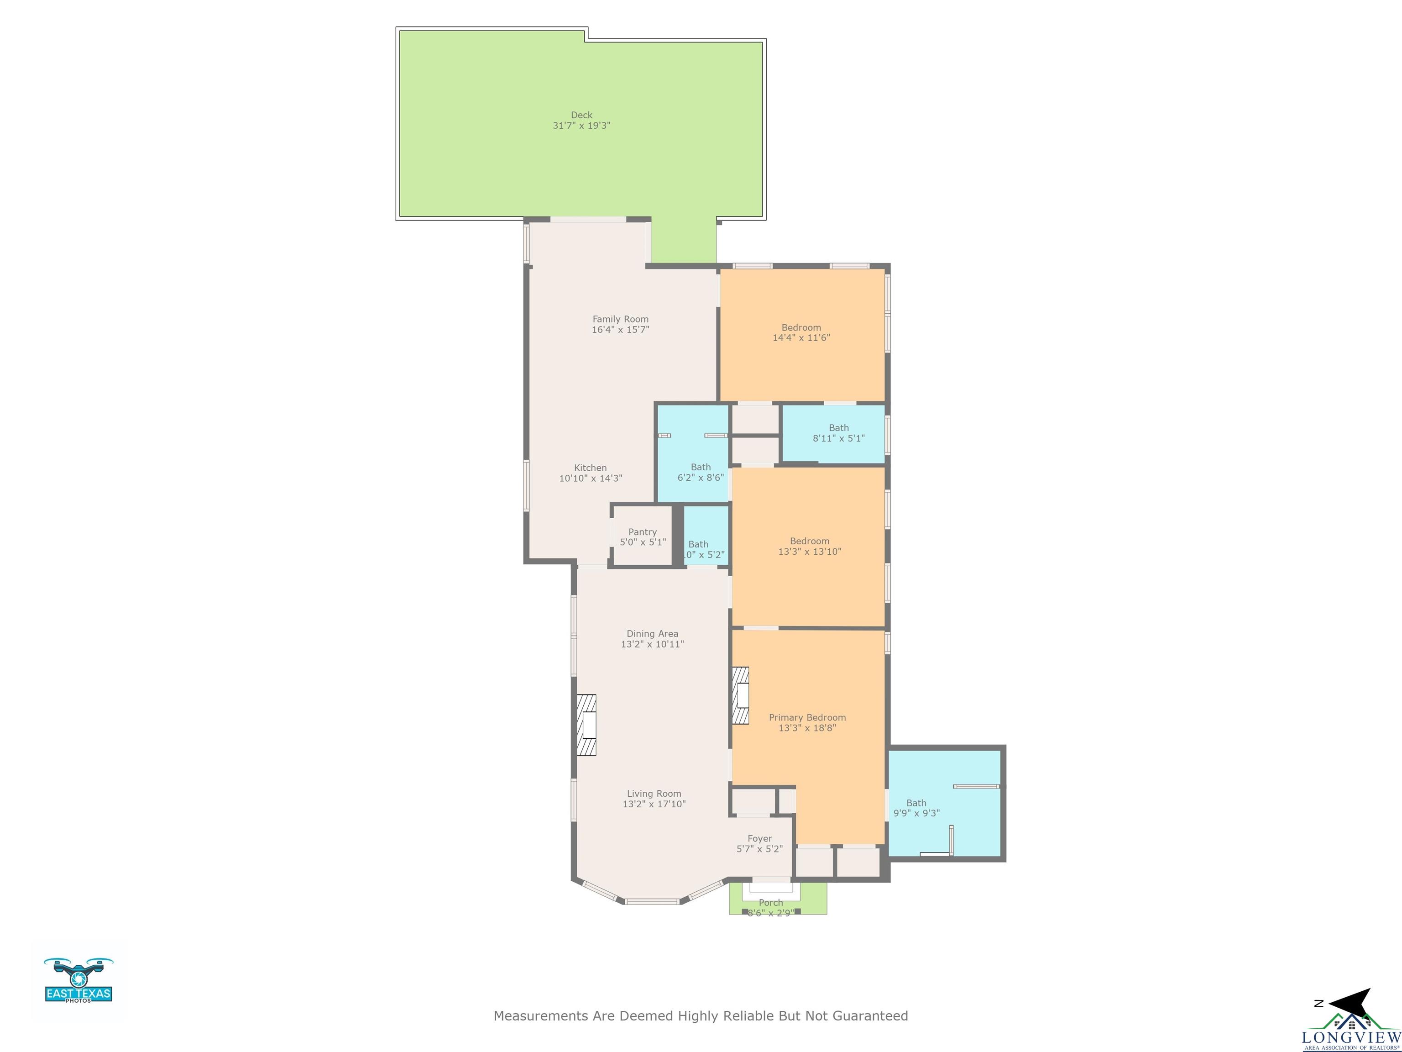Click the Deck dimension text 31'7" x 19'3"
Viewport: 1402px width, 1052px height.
tap(581, 126)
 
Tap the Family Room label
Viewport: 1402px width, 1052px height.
tap(620, 319)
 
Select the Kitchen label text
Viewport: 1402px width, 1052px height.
tap(590, 468)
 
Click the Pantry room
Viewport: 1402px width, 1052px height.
tap(643, 537)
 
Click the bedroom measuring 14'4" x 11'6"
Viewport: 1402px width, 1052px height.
tap(801, 333)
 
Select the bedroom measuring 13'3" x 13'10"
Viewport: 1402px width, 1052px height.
tap(809, 546)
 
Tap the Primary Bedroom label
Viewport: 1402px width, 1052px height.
tap(807, 717)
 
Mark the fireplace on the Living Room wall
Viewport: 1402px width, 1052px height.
tap(586, 725)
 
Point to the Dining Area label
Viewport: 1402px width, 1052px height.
tap(652, 633)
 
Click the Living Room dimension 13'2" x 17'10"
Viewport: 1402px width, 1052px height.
tap(654, 804)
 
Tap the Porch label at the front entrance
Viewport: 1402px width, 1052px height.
tap(770, 902)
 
